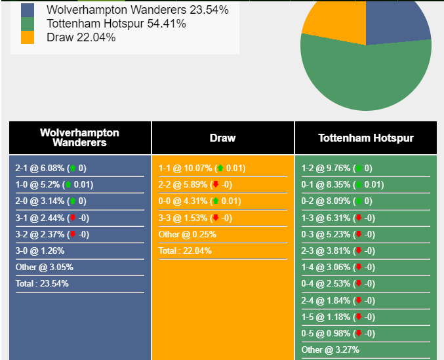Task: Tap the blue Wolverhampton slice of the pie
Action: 397,23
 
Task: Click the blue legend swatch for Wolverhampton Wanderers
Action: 28,10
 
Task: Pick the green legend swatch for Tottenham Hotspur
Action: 28,24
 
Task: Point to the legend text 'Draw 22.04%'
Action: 81,37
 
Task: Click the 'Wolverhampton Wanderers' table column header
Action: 79,138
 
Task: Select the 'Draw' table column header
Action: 222,138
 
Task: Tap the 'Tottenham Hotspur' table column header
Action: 365,138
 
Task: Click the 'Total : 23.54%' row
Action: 42,284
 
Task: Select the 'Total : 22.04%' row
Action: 185,251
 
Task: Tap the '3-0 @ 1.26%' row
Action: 41,251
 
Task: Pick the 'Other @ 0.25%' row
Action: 187,235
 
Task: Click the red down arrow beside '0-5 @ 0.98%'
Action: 358,333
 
